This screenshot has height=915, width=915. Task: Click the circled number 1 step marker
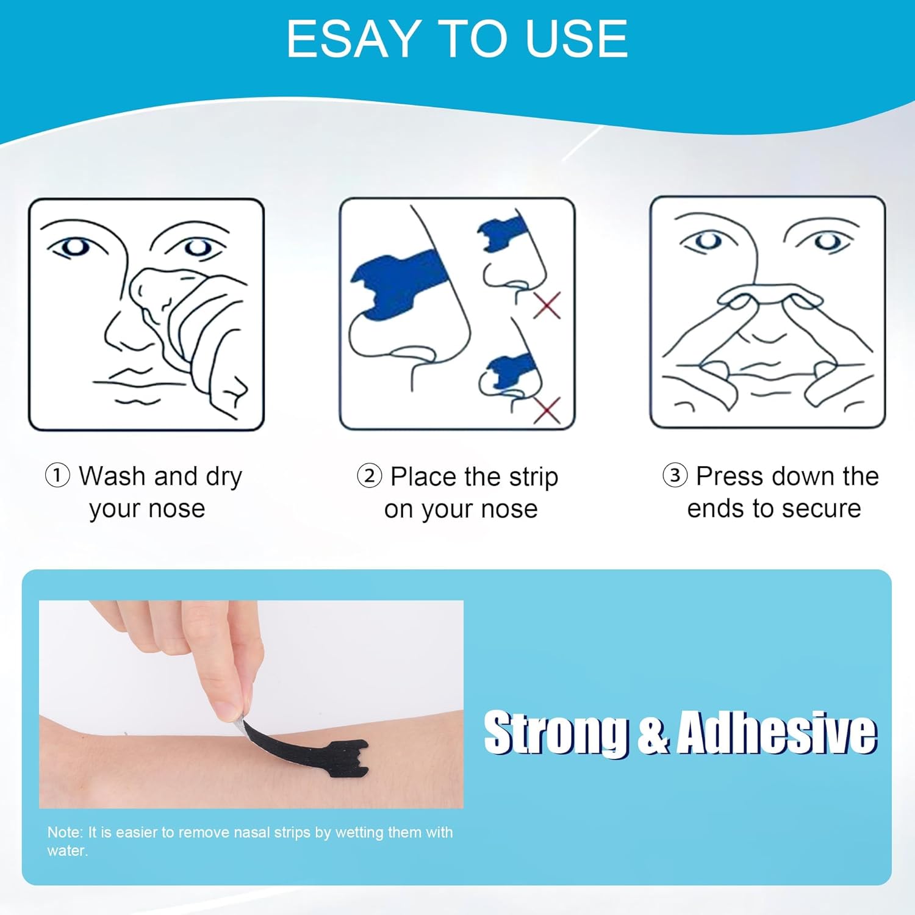coord(57,475)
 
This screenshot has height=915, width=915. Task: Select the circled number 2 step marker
coord(369,476)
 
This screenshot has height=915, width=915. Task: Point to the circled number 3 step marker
coord(675,475)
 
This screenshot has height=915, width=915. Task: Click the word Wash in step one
coord(115,476)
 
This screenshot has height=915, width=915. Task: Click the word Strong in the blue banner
coord(556,732)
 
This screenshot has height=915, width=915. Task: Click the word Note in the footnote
coord(65,832)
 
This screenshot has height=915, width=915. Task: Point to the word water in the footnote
coord(67,850)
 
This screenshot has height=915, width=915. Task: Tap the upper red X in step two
coord(547,305)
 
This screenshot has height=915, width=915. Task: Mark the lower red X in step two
coord(547,409)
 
